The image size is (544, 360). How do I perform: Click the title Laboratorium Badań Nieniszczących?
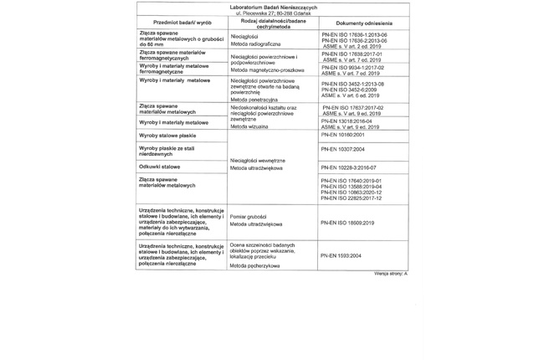point(272,8)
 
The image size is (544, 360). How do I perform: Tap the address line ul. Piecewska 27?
point(272,13)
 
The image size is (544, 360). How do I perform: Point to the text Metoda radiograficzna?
point(255,44)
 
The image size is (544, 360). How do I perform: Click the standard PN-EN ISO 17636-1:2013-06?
point(354,34)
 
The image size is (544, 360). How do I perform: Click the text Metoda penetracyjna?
point(254,99)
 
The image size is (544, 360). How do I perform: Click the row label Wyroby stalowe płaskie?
point(167,135)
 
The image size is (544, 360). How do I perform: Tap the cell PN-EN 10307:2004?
point(342,149)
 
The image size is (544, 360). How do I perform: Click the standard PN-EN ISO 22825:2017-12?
point(352,198)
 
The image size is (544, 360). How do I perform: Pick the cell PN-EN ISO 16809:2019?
point(347,223)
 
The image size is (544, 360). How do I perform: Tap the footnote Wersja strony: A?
point(391,274)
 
